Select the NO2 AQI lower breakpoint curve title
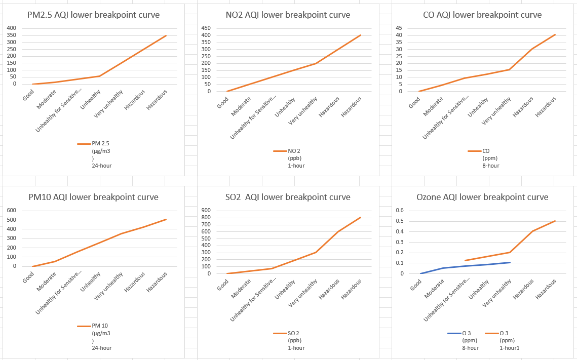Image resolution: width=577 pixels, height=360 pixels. (288, 15)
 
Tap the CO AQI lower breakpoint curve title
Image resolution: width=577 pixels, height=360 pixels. (482, 15)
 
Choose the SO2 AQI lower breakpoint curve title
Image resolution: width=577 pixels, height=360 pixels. (288, 197)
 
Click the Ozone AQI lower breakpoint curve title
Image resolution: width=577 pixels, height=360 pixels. (482, 197)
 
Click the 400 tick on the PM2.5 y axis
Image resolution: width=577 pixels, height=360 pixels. (11, 28)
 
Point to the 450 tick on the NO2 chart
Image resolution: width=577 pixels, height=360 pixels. (206, 28)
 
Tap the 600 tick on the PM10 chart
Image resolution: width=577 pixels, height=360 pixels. (11, 211)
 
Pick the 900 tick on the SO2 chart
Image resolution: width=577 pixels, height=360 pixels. (206, 211)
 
